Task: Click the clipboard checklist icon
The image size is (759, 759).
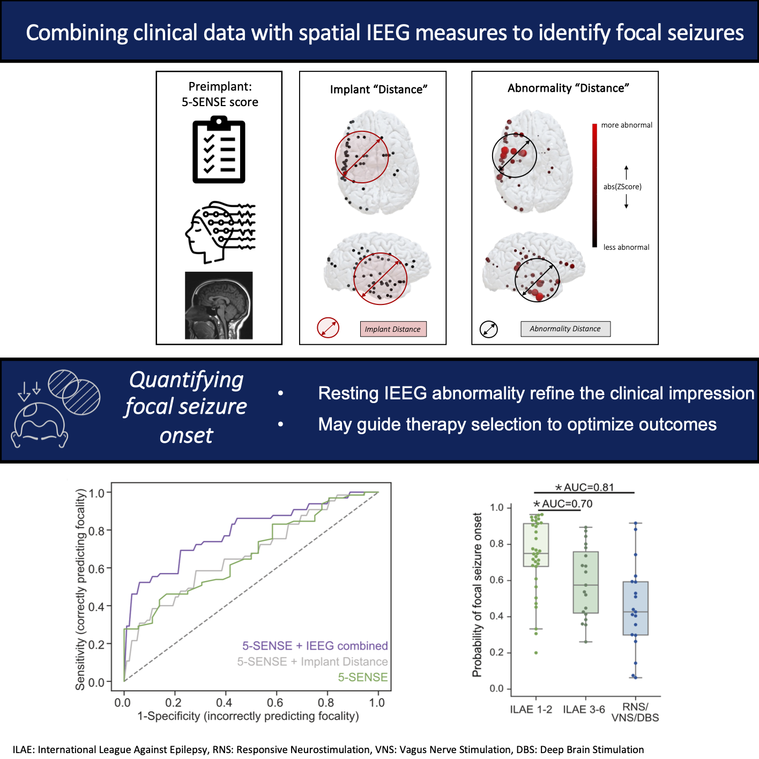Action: [x=219, y=151]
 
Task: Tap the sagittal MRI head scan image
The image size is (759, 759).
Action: [x=219, y=305]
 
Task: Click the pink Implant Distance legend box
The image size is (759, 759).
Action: [x=393, y=329]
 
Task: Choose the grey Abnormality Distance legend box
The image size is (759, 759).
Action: [x=565, y=329]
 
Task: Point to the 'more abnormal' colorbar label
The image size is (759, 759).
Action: [x=627, y=125]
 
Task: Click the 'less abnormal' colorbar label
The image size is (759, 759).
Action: [x=626, y=247]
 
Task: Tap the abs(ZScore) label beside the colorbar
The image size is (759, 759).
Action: [x=622, y=187]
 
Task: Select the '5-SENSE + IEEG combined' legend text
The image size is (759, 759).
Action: [x=315, y=646]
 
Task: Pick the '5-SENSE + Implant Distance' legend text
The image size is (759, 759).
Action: [x=312, y=661]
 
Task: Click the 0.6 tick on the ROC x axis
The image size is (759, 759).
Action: [x=275, y=702]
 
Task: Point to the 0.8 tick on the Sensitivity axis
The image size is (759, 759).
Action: [x=96, y=531]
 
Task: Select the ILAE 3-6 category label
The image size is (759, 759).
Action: [x=584, y=709]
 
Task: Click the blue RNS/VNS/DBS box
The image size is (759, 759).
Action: [x=635, y=608]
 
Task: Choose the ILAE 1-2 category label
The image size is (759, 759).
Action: [x=531, y=709]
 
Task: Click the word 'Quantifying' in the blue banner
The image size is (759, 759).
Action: [x=187, y=381]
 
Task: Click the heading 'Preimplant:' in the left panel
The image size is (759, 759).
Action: [x=220, y=86]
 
